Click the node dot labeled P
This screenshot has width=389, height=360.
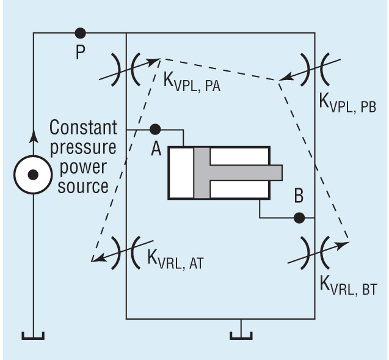point(79,33)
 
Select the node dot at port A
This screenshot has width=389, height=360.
point(155,130)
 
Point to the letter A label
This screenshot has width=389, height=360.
point(155,149)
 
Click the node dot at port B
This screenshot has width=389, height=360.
point(299,217)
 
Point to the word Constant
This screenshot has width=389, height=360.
point(83,128)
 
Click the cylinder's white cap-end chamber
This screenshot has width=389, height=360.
point(181,172)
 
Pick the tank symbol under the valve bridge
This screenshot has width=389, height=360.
point(242,333)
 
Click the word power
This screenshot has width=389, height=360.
point(84,167)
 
